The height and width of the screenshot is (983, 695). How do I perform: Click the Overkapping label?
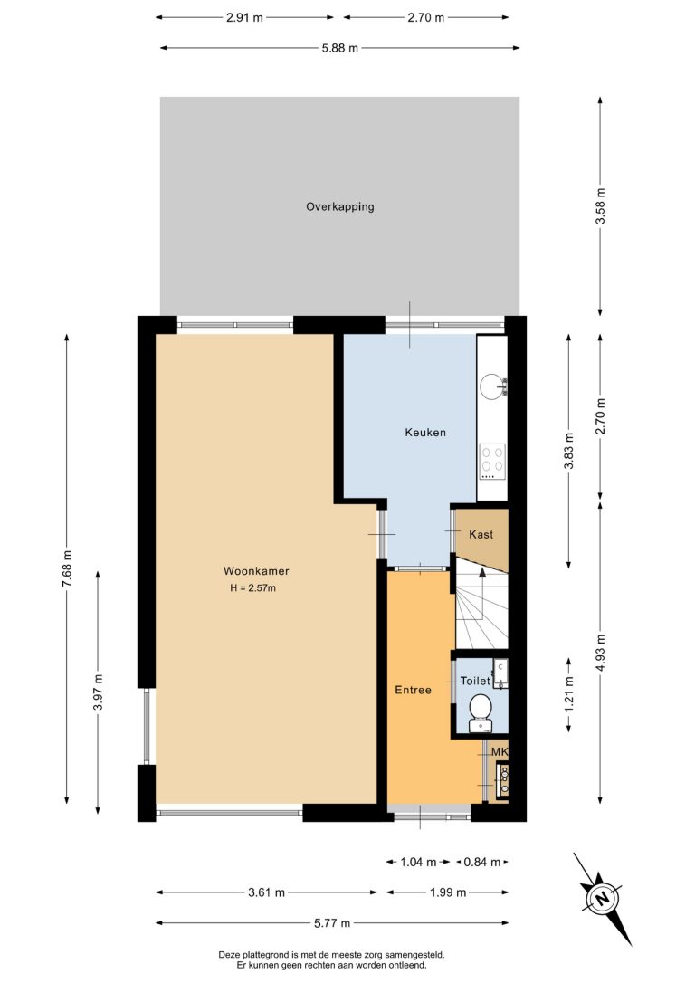click(339, 207)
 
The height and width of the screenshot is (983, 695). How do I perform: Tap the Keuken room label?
click(425, 432)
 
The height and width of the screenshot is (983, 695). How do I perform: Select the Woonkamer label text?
click(256, 571)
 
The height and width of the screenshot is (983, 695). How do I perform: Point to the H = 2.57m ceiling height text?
click(253, 588)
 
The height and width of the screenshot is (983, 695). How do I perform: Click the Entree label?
click(413, 690)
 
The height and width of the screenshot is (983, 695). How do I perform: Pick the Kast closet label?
click(481, 534)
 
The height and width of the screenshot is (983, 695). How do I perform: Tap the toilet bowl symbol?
click(481, 712)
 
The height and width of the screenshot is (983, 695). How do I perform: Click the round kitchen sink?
click(492, 387)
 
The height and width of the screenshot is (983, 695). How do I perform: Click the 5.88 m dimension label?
click(339, 48)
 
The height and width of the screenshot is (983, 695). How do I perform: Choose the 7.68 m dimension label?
click(67, 568)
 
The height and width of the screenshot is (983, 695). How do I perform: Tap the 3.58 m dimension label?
click(600, 206)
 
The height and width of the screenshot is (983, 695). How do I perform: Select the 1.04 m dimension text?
click(418, 862)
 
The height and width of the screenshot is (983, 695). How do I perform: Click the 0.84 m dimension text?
click(482, 862)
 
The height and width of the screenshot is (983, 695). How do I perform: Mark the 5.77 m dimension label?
click(331, 923)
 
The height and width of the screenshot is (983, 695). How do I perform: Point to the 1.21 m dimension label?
click(569, 694)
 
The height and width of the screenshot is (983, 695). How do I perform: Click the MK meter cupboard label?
click(499, 751)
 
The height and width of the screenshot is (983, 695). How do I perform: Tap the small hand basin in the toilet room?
click(500, 673)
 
